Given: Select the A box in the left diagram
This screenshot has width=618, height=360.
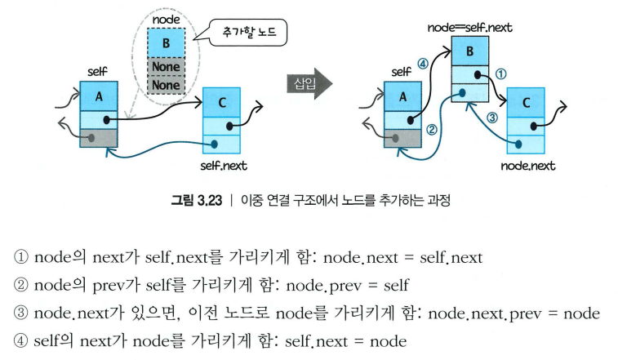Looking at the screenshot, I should coord(99,96).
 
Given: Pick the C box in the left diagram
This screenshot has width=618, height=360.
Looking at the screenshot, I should coord(222,102).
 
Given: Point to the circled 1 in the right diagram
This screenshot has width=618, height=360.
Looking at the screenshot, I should coord(501,73).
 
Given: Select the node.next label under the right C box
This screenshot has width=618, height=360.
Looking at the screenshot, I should coord(527,166).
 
